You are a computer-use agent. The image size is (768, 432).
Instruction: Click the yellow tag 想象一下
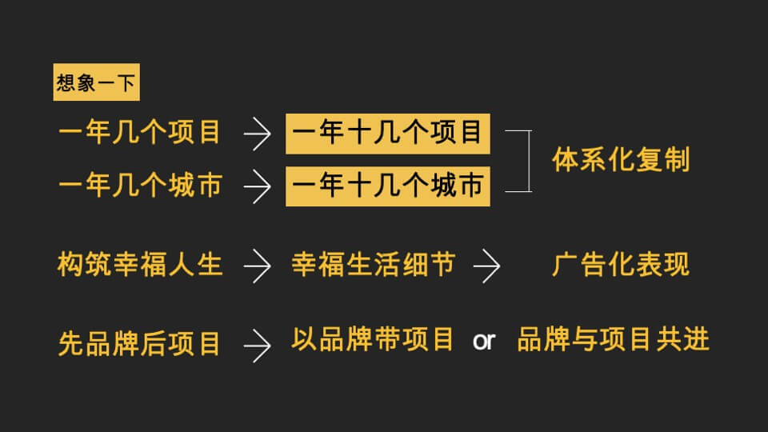tap(96, 82)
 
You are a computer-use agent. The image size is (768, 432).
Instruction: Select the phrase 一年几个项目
tap(139, 132)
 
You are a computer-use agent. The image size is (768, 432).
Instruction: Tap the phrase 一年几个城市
tap(139, 186)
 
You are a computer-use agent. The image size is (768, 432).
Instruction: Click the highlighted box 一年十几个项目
tap(388, 132)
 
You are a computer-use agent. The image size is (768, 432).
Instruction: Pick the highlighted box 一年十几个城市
tap(388, 186)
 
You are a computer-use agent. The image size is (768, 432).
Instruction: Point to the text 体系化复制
tap(621, 159)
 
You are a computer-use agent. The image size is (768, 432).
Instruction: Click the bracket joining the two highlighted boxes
tap(530, 160)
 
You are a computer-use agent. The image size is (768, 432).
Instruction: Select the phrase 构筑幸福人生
tap(139, 264)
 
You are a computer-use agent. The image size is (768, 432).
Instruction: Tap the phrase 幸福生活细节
tap(373, 264)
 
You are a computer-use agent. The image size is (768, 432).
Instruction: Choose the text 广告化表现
tap(621, 264)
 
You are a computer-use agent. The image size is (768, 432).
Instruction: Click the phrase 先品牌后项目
tap(139, 343)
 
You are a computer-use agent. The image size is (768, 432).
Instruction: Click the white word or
tap(484, 342)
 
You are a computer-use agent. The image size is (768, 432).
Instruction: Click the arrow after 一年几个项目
tap(257, 134)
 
